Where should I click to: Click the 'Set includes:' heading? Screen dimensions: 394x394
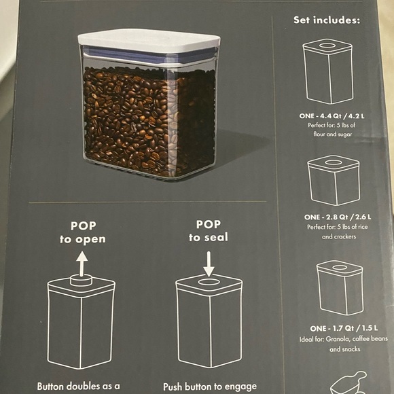tap(327, 20)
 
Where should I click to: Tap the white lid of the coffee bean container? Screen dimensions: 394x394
tap(149, 41)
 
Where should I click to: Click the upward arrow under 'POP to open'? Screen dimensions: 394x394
tap(82, 264)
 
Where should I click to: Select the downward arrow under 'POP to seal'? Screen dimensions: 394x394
tap(209, 264)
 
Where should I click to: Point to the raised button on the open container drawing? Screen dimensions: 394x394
tap(81, 280)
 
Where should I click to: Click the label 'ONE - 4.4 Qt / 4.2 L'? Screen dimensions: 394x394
tap(332, 116)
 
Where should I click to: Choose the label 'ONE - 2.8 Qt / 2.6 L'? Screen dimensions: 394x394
tap(338, 217)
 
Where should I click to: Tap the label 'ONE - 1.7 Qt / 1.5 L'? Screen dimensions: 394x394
tap(344, 328)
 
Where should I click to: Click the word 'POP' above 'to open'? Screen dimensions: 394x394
tap(83, 226)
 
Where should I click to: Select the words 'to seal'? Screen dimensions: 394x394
tap(209, 237)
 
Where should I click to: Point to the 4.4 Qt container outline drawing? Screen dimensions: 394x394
tap(328, 71)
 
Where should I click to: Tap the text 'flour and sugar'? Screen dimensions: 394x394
tap(332, 135)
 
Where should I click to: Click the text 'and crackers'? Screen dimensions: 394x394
tap(339, 236)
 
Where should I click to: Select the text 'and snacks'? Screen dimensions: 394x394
tap(345, 349)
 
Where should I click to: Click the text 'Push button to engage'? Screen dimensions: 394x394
tap(210, 387)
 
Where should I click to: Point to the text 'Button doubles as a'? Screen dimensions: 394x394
tap(78, 386)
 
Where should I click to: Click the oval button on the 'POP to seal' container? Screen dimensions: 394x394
tap(209, 282)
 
